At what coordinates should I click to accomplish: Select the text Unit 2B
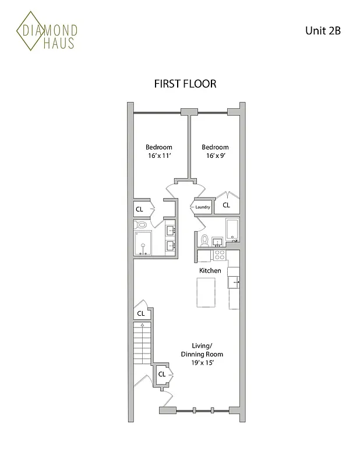[x=322, y=31]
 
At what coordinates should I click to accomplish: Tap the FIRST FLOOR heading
[x=185, y=84]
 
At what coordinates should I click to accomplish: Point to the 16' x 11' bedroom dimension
[x=158, y=157]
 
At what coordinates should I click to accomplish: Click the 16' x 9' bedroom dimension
[x=215, y=157]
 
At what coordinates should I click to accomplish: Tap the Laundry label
[x=202, y=207]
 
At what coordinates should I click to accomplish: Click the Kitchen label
[x=210, y=271]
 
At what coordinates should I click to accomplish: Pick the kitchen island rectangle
[x=206, y=293]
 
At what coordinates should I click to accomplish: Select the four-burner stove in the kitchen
[x=220, y=255]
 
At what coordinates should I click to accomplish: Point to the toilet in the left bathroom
[x=140, y=225]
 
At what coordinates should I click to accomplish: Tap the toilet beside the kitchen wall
[x=204, y=239]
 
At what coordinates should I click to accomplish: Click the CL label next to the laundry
[x=226, y=205]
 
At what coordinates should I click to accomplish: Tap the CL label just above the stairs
[x=140, y=314]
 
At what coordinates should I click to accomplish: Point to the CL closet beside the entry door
[x=161, y=375]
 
